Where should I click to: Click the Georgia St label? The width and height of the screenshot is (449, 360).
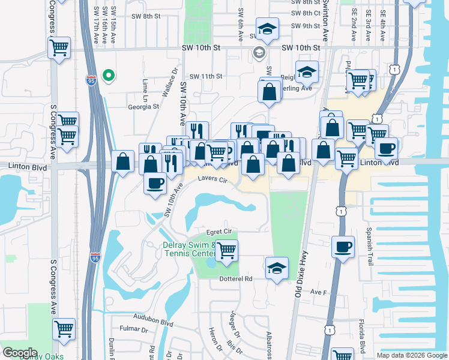(143, 107)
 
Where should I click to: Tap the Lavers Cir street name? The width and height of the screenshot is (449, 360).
(213, 179)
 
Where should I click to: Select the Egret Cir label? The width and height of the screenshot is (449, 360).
(218, 231)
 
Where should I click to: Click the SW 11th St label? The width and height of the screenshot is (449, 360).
(206, 76)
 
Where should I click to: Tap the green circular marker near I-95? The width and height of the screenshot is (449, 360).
(109, 75)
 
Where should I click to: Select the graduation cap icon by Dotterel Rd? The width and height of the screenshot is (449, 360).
(277, 268)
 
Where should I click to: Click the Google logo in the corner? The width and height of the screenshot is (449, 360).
(20, 353)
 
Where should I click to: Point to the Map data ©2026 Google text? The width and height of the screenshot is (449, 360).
(411, 355)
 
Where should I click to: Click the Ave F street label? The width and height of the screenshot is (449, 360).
(318, 292)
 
